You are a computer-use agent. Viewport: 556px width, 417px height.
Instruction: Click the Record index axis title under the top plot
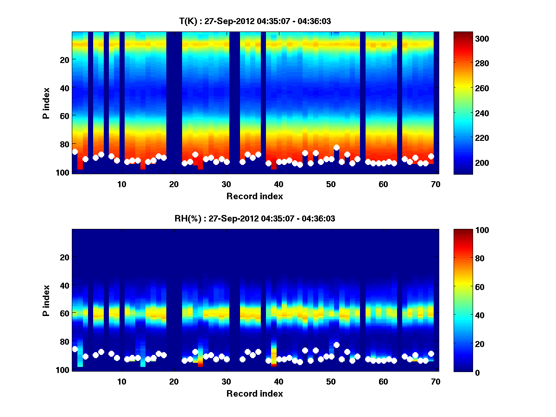pos(254,196)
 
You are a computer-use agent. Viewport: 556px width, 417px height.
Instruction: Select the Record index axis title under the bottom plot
pos(254,393)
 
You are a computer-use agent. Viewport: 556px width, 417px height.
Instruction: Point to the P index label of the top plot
pos(46,103)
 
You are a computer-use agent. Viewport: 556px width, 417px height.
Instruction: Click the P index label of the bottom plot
pos(46,300)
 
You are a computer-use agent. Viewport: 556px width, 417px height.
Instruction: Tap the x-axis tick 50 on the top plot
pos(331,183)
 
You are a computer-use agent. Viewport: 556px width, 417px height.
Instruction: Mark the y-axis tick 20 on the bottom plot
pos(64,257)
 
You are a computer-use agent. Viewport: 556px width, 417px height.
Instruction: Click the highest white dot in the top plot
pos(336,148)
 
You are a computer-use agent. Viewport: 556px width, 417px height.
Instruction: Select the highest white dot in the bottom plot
pos(336,345)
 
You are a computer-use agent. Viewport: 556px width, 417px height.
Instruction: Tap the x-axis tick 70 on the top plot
pos(436,183)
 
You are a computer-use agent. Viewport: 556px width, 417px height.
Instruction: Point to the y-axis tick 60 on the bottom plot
pos(64,313)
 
